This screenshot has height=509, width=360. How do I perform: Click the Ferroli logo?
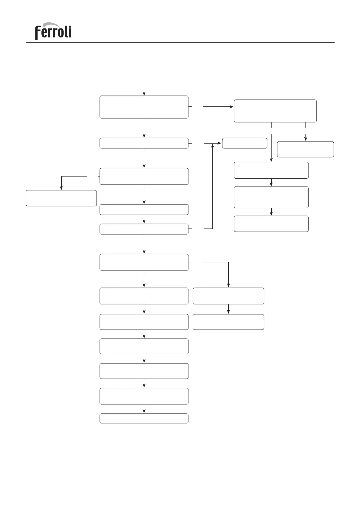tap(53, 31)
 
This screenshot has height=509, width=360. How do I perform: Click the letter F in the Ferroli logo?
tap(38, 33)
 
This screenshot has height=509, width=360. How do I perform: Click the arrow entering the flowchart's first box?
tap(144, 86)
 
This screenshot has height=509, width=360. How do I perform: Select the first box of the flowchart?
tap(144, 107)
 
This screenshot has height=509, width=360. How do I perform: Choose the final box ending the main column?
tap(144, 418)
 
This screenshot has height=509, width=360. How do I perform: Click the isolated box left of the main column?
tap(61, 198)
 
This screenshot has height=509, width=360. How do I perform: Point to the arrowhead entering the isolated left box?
tap(61, 188)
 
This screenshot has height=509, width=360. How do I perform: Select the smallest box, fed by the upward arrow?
tap(244, 143)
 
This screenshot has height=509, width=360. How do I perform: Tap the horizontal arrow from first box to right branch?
tap(218, 107)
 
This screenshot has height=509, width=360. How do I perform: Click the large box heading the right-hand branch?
tap(275, 111)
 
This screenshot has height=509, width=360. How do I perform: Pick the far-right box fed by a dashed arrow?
tap(305, 149)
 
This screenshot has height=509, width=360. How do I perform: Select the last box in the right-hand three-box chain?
tap(271, 224)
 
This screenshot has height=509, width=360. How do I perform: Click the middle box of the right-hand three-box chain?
tap(271, 197)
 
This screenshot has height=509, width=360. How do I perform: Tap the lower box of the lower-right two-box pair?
tap(228, 322)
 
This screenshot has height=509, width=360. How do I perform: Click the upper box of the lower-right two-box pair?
tap(228, 296)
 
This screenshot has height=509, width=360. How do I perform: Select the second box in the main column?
tap(144, 143)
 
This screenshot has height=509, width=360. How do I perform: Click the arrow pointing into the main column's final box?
tap(144, 409)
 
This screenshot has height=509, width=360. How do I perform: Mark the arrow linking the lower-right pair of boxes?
tap(228, 309)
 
